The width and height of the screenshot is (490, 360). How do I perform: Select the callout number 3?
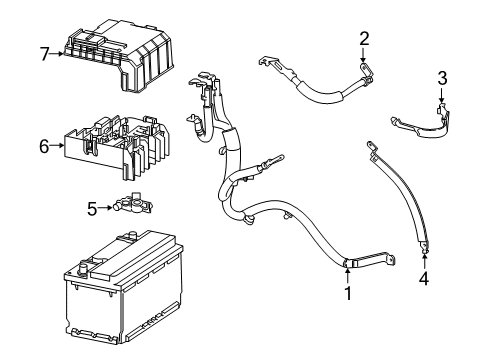(442, 78)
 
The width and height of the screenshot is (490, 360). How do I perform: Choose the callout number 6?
(44, 146)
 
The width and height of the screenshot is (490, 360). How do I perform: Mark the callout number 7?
(43, 53)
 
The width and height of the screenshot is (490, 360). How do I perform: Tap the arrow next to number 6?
(58, 146)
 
